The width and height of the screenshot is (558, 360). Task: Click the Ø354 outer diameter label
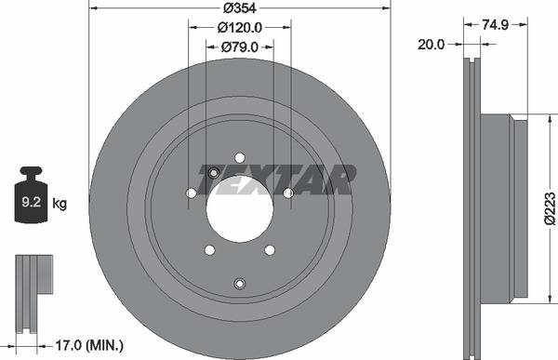(x=240, y=9)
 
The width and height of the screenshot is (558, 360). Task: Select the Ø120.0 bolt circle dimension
(x=240, y=27)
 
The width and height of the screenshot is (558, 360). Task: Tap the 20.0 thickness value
(x=433, y=43)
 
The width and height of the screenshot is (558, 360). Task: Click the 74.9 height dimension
(x=503, y=27)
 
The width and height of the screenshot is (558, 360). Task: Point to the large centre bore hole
(x=239, y=207)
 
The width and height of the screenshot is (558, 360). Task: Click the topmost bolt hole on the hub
(x=239, y=157)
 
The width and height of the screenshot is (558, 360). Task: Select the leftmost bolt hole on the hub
(x=191, y=193)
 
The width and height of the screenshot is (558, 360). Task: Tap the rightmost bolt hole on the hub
(x=288, y=193)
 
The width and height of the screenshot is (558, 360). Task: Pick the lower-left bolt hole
(x=209, y=249)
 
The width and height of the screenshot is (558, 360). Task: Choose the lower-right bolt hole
(x=270, y=249)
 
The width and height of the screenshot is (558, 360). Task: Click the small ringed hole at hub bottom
(x=239, y=283)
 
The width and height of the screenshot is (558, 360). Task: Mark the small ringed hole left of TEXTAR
(x=212, y=171)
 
